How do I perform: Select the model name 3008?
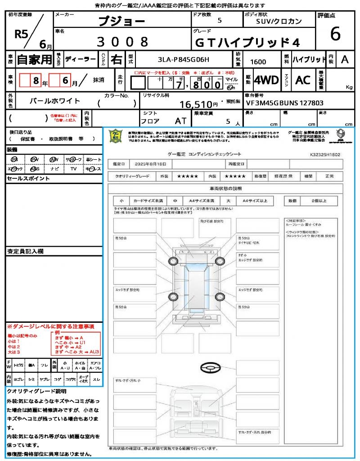point(122,42)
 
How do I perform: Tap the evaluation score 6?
point(335,34)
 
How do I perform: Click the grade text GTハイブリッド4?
point(247,42)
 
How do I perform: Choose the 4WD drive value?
point(266,80)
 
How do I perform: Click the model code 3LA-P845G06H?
point(184,59)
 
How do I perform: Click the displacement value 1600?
point(258,62)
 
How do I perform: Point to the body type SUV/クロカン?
point(279,21)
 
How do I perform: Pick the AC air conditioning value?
point(302,80)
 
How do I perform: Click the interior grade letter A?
point(344,59)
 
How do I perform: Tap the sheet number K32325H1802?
point(325,154)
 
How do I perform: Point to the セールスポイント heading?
point(22,179)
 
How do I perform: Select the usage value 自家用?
point(34,59)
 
